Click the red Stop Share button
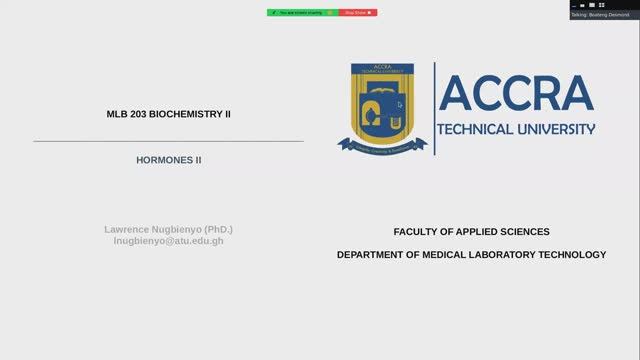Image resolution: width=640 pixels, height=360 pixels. point(358,12)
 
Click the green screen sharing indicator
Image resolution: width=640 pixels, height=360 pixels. point(303,12)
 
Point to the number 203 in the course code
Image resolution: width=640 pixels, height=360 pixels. point(139,114)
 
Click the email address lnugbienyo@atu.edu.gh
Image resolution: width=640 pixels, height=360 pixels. point(168,241)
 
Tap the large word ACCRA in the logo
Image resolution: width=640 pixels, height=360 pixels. point(516,93)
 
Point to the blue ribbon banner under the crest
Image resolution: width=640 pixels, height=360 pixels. point(382,145)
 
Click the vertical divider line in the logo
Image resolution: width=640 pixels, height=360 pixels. point(434,108)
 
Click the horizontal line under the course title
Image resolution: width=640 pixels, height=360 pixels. point(168,141)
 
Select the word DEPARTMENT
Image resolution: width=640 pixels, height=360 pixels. point(372,254)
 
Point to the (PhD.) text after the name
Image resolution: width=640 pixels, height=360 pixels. point(217,229)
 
